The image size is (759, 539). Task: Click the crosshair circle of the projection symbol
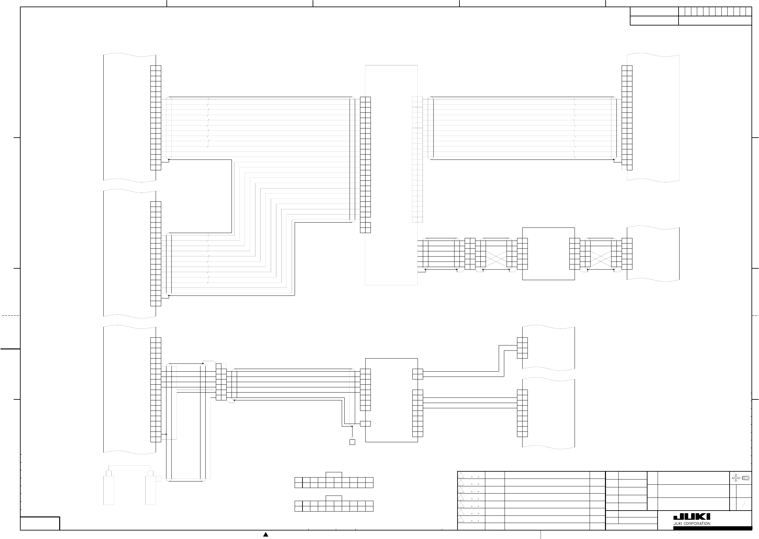[x=735, y=478]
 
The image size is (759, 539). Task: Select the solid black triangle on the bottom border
[x=266, y=534]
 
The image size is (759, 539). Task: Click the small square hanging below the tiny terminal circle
[x=352, y=442]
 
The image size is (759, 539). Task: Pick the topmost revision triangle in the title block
[x=461, y=475]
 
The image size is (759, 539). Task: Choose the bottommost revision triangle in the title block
[x=461, y=519]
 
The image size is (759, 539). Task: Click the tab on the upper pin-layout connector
[x=334, y=475]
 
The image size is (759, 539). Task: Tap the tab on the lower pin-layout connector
[x=334, y=498]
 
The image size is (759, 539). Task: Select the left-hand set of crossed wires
[x=496, y=259]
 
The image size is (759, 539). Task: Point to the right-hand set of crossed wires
[x=601, y=259]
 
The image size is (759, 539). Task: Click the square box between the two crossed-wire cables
[x=548, y=254]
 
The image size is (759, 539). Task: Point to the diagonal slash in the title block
[x=744, y=505]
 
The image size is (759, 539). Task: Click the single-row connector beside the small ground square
[x=365, y=424]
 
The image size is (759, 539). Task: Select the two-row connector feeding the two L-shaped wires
[x=418, y=374]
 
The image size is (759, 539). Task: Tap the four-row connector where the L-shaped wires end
[x=522, y=348]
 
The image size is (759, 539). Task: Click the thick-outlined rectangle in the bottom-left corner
[x=40, y=523]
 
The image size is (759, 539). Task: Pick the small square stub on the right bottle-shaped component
[x=158, y=479]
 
